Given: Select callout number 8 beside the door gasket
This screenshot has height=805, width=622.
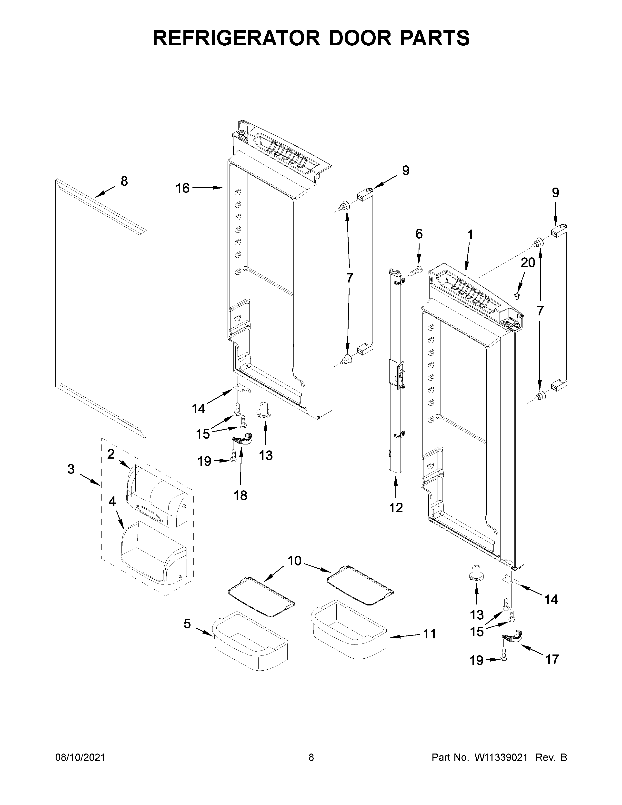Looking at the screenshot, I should (x=124, y=181).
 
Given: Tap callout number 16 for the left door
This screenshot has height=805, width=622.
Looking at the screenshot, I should (x=182, y=188).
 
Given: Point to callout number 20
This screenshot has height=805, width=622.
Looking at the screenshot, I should (x=528, y=263).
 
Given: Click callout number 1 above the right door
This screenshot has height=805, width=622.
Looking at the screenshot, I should (x=470, y=234).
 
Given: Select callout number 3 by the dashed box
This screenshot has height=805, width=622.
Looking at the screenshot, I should (x=71, y=469).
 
